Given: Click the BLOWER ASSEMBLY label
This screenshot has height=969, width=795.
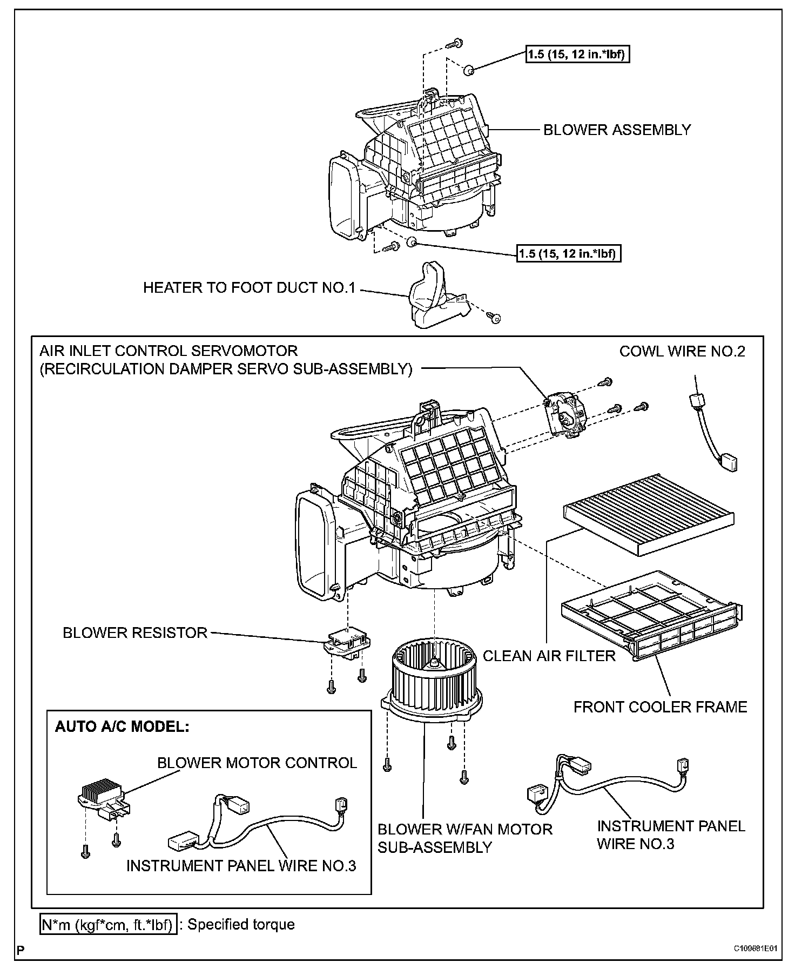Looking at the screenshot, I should pyautogui.click(x=617, y=130).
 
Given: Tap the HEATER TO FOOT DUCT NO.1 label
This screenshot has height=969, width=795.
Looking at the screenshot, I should pyautogui.click(x=249, y=288).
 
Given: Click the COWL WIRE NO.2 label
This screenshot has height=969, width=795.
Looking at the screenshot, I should pyautogui.click(x=682, y=352).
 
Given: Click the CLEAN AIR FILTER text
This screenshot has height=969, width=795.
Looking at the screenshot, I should pyautogui.click(x=549, y=656).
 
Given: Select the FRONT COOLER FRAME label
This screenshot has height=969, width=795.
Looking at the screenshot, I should pyautogui.click(x=660, y=707).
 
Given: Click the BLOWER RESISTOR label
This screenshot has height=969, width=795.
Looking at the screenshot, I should pyautogui.click(x=135, y=633).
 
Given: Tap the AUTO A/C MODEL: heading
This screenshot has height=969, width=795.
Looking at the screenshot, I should pyautogui.click(x=122, y=726).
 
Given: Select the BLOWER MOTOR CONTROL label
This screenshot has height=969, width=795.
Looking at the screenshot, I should pyautogui.click(x=257, y=763).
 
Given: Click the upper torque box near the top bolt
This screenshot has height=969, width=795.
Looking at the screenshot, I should pyautogui.click(x=577, y=54).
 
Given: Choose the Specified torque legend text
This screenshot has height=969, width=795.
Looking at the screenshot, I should pyautogui.click(x=241, y=924).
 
